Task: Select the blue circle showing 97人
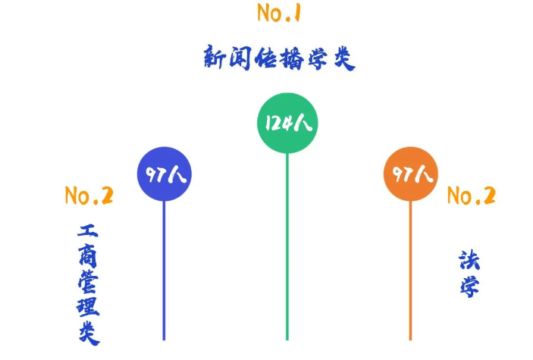(164, 174)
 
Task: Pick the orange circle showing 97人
(411, 174)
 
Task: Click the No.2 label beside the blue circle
(89, 196)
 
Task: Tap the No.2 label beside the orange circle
(471, 196)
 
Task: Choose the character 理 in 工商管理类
(88, 309)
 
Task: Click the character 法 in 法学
(469, 260)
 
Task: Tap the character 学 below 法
(469, 286)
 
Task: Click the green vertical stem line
(287, 250)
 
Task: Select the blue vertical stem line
(164, 273)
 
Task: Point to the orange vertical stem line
(411, 273)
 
